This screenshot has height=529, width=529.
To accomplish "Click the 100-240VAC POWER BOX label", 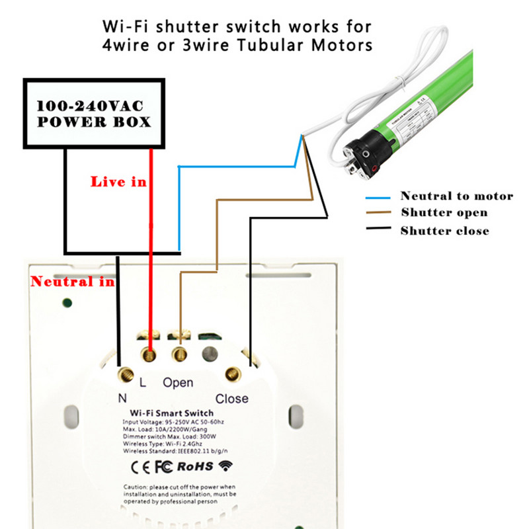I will (x=93, y=114).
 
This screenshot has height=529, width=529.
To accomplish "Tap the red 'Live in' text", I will (x=118, y=181).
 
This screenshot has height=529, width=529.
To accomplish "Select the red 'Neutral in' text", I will (x=72, y=282).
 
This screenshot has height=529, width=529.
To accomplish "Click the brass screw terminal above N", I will (x=124, y=376).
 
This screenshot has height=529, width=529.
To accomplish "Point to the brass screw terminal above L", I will (x=150, y=356).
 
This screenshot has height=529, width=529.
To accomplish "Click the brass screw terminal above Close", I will (x=231, y=375).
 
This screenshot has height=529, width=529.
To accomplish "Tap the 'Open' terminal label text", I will (x=178, y=383).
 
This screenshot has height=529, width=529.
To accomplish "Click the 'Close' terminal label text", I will (x=232, y=399).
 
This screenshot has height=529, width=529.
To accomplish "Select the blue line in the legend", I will (x=380, y=197).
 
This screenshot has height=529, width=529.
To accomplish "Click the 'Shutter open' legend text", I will (x=444, y=213).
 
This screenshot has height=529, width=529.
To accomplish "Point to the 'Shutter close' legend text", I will (x=444, y=231).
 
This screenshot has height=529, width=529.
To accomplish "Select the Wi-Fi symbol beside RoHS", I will (x=227, y=466).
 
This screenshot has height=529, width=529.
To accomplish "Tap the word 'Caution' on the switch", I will (x=135, y=486).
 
